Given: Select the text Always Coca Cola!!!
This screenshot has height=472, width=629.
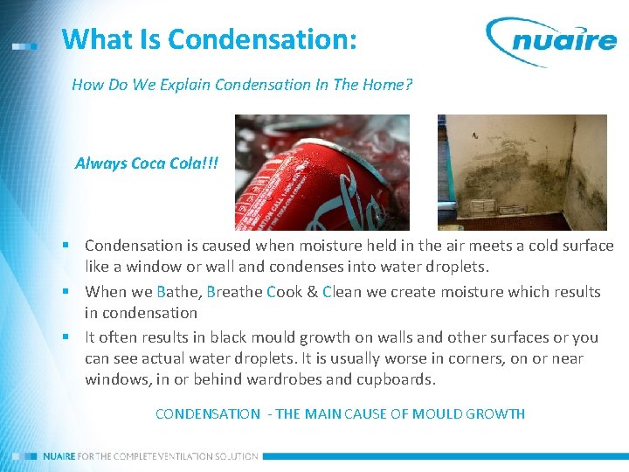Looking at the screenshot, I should (147, 163).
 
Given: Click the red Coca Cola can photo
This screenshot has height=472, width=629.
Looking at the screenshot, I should (321, 172).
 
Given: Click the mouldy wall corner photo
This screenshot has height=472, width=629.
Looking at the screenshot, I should (521, 172).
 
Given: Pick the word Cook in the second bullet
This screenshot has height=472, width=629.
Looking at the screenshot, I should (285, 292).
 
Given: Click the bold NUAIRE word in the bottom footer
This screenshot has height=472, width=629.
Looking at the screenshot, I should (59, 456).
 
